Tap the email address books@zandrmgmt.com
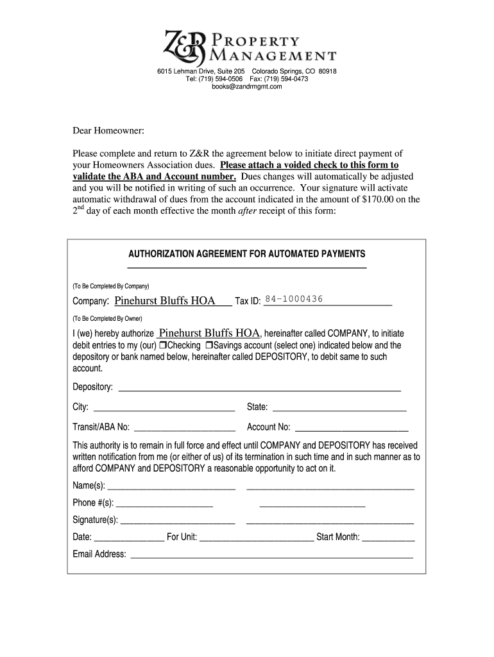(x=247, y=87)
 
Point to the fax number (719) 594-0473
(x=284, y=79)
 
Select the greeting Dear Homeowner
(x=108, y=132)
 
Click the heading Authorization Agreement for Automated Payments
(x=247, y=253)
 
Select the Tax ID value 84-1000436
(x=294, y=300)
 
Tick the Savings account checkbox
(x=209, y=345)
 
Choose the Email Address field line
(x=271, y=555)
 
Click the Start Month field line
(x=388, y=538)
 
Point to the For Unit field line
(x=257, y=538)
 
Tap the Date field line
(x=129, y=538)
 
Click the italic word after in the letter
(x=247, y=211)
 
